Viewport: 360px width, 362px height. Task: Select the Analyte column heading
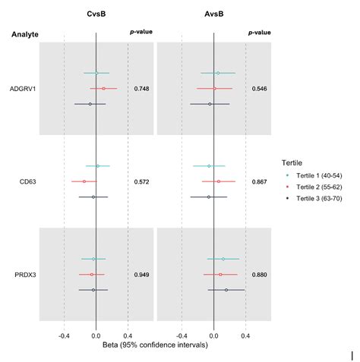tap(25, 35)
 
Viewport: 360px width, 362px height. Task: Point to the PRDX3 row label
tap(24, 274)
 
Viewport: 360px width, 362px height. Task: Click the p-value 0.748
tap(141, 89)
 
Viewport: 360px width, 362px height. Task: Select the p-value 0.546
tap(260, 89)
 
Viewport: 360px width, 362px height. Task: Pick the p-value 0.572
tap(141, 182)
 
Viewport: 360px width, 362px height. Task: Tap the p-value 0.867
tap(260, 182)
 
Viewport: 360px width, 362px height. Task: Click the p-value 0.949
tap(141, 274)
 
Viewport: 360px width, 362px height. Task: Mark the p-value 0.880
tap(260, 274)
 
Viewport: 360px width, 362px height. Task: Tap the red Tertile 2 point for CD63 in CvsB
tap(84, 181)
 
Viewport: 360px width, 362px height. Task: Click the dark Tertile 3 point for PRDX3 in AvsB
tap(226, 289)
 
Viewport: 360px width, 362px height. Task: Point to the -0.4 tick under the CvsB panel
tap(64, 335)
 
